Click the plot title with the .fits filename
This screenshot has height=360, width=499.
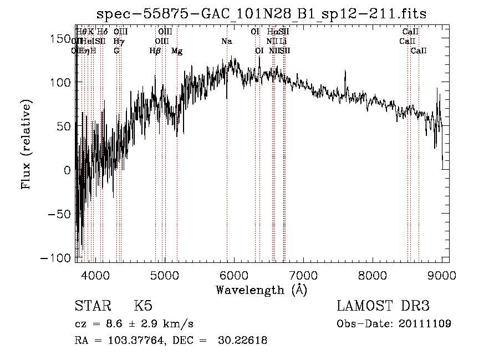262,14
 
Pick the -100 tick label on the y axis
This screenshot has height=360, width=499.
56,259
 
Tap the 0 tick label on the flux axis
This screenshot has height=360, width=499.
67,171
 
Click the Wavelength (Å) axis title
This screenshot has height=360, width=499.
262,290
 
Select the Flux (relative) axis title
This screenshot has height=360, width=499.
27,144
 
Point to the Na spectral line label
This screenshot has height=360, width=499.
226,42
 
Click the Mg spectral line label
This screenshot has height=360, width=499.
177,51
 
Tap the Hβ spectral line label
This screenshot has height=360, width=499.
155,51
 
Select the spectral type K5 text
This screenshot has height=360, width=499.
143,306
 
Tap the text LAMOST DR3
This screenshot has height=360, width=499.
383,306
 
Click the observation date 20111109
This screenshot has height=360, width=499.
428,324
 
